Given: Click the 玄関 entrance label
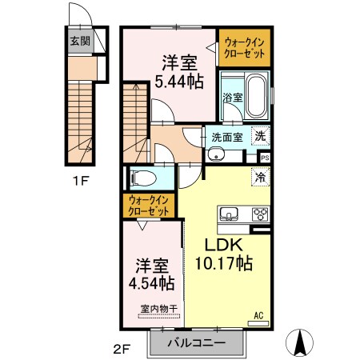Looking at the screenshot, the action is pos(80,41).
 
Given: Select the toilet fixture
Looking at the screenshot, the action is pos(143,178).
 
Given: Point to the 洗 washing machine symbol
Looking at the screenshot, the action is pos(260,136).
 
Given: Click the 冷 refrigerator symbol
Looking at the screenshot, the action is pos(260,177).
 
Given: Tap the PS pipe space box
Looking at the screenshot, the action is pos(265,158).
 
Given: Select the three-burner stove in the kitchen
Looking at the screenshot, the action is pos(260,214).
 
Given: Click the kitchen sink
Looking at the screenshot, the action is pos(229,214).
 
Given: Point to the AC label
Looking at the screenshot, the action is pos(258,316).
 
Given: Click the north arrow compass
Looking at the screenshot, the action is pos(299,342).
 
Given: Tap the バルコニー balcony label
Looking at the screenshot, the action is pos(197,342).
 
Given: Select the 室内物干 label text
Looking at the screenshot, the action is pos(159,309).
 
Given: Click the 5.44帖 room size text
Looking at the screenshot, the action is pos(179,82).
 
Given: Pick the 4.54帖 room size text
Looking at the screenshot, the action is pos(152,283).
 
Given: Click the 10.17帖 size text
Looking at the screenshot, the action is pos(224,263).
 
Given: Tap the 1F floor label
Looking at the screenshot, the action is pos(81,182).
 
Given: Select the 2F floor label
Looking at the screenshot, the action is pos(122,349).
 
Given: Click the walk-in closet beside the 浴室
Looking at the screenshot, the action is pos(245,47).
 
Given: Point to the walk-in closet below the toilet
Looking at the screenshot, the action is pos(149,206).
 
